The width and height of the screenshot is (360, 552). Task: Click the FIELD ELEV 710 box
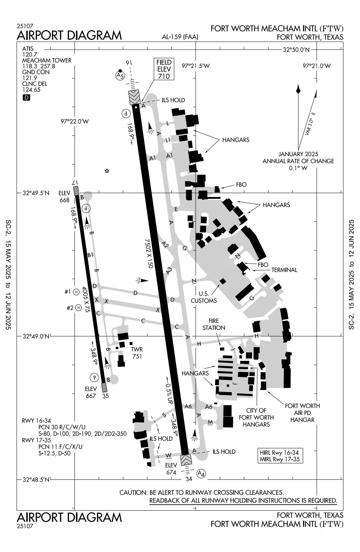(164, 69)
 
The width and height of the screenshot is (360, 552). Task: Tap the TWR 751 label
(137, 353)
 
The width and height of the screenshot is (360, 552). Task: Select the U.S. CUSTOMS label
(204, 297)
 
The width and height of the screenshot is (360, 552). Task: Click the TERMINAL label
(284, 270)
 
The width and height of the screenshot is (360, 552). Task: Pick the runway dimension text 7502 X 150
(149, 253)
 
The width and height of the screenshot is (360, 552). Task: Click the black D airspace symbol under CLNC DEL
(26, 98)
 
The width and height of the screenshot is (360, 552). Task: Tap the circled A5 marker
(120, 76)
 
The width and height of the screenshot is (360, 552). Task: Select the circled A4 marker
(202, 474)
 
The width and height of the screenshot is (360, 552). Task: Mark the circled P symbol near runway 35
(94, 377)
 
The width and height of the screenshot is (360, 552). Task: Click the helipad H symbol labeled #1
(76, 292)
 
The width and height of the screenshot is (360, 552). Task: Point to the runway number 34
(189, 479)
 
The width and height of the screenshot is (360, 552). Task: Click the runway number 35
(105, 396)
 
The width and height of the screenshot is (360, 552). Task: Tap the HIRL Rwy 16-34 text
(279, 453)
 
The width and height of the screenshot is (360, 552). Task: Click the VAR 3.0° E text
(310, 124)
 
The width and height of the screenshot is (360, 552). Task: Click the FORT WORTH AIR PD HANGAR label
(302, 413)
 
